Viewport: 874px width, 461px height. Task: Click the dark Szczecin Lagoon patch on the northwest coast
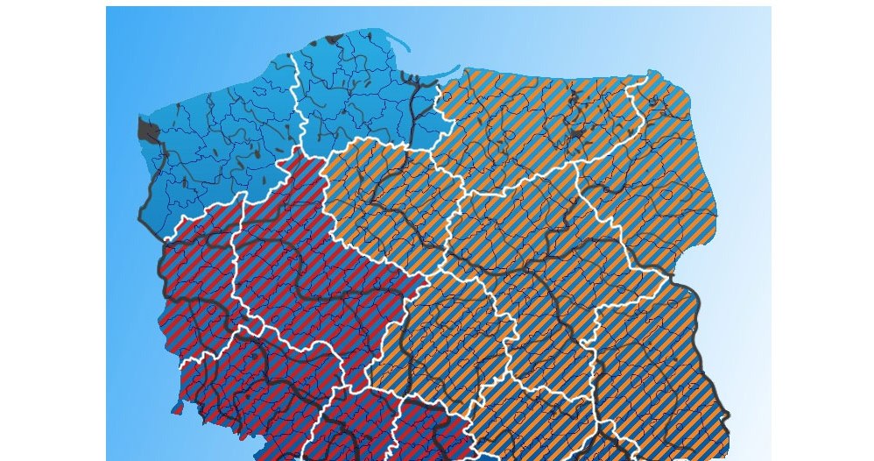pyautogui.click(x=148, y=132)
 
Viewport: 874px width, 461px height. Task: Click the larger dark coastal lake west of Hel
pyautogui.click(x=333, y=39)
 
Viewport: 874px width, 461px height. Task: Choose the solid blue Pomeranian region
pyautogui.click(x=359, y=96)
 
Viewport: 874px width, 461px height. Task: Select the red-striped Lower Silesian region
pyautogui.click(x=254, y=394)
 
